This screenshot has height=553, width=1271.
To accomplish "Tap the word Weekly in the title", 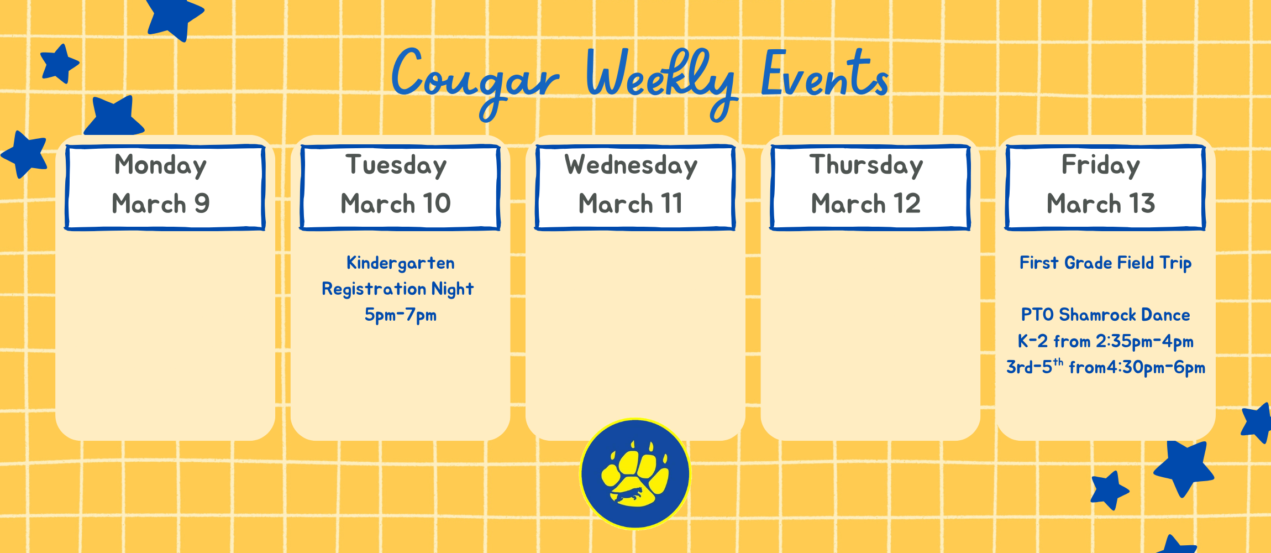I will point(660,77).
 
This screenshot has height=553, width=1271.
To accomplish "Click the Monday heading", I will point(160,165).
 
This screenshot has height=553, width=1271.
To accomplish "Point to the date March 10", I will point(396,204).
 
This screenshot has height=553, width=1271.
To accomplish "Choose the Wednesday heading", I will point(631,165).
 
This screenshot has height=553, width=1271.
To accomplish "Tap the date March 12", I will point(865,204).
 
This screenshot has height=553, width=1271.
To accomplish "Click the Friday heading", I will point(1100,165).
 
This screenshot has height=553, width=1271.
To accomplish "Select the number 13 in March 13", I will point(1142,204).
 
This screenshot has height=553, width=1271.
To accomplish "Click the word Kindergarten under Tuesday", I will point(400,263).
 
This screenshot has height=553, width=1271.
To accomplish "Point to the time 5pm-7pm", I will point(400,315).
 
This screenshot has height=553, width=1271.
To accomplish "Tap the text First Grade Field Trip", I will point(1105,263).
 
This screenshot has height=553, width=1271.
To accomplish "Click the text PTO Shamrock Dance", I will point(1105,315).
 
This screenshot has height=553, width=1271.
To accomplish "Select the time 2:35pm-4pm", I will point(1144,341).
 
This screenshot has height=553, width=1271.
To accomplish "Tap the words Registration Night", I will point(397,289).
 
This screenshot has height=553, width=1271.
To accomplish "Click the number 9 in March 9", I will point(202,204).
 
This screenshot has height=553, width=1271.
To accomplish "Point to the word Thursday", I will point(866,165).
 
